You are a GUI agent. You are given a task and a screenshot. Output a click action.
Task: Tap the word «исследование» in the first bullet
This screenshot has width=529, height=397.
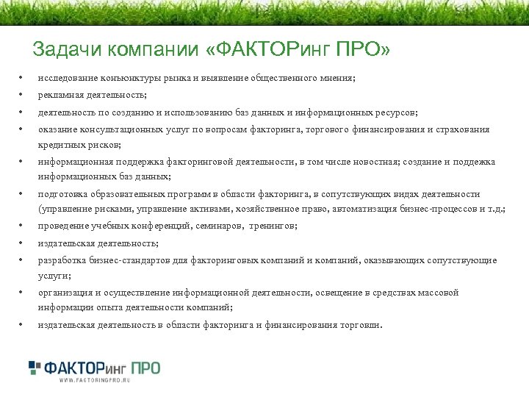click(x=68, y=78)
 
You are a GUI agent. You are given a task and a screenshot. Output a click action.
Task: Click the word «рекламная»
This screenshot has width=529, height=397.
click(x=61, y=96)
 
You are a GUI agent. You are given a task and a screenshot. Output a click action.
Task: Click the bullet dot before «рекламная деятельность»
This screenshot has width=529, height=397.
click(x=22, y=96)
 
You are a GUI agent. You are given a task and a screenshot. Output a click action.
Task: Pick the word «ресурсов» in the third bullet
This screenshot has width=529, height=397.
click(x=396, y=112)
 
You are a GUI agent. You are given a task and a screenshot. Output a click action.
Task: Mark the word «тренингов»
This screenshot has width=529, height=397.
click(x=273, y=226)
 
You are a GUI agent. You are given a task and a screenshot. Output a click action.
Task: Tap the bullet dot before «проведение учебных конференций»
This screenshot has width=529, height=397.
click(x=22, y=226)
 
